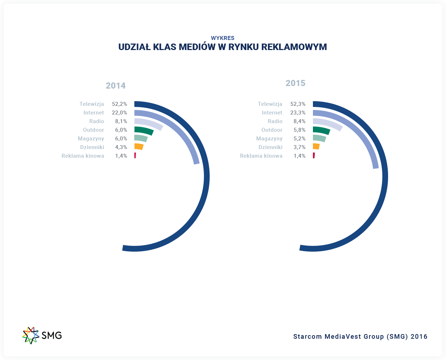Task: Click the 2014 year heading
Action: (x=115, y=86)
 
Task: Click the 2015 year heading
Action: (x=295, y=83)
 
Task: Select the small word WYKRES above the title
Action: (x=223, y=38)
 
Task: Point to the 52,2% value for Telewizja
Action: (x=119, y=104)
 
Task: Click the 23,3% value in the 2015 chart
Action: (x=298, y=113)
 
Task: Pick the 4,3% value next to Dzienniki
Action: (x=121, y=147)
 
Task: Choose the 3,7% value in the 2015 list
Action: (x=299, y=147)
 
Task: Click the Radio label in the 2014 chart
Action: (x=97, y=121)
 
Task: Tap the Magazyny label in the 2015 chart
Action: (x=269, y=139)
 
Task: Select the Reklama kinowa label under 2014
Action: (x=83, y=156)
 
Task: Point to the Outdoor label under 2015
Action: (x=272, y=130)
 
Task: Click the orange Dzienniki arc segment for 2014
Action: (x=139, y=147)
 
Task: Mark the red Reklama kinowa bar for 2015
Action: (x=314, y=156)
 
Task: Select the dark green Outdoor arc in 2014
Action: (x=144, y=130)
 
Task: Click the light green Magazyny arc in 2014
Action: (x=141, y=138)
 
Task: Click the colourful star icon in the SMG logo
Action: (x=31, y=335)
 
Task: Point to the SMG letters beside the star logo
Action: (x=52, y=336)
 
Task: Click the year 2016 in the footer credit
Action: (x=419, y=337)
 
